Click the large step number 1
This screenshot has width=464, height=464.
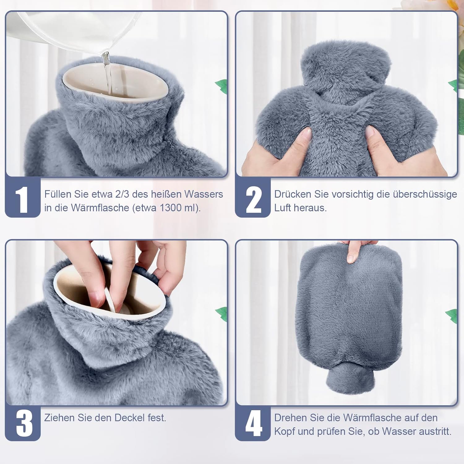point(22,200)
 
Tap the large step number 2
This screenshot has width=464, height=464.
point(254,200)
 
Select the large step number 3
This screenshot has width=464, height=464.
point(24,423)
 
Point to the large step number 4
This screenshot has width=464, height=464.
point(254,423)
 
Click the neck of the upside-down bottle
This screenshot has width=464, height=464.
point(349,378)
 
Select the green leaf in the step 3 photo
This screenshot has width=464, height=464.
point(222,313)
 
